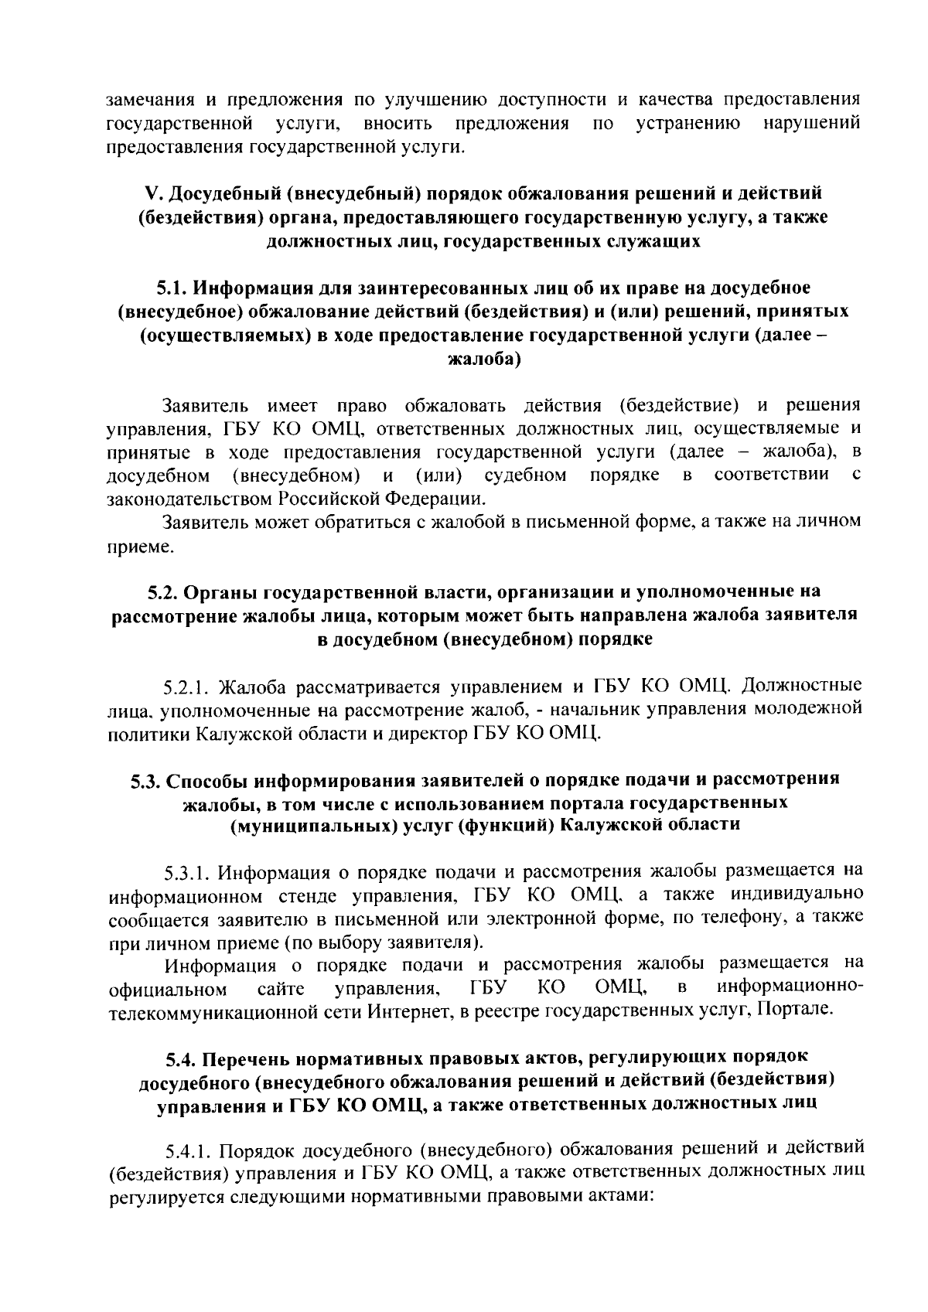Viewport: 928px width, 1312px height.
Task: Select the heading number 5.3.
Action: (x=144, y=779)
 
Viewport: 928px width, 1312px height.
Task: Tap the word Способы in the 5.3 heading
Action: (x=206, y=779)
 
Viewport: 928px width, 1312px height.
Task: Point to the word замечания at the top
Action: (x=148, y=100)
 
